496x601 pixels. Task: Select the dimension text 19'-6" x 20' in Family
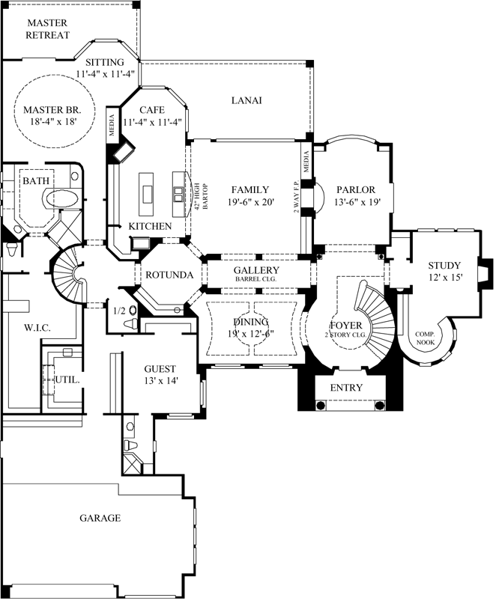click(249, 202)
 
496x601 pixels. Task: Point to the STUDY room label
click(444, 265)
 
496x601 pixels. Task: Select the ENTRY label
click(345, 388)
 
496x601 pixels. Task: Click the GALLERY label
click(256, 270)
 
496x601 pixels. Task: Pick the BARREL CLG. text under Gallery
click(256, 280)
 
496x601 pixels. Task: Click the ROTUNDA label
click(169, 275)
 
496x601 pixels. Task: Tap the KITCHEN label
click(150, 226)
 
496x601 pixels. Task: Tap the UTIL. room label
click(67, 379)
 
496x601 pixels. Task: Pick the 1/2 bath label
click(118, 311)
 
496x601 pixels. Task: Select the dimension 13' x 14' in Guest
click(160, 381)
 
